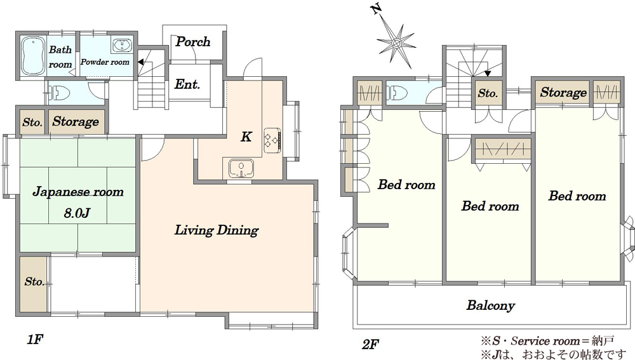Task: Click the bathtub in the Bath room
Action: pyautogui.click(x=32, y=57)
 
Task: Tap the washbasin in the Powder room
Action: pyautogui.click(x=122, y=45)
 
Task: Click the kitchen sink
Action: pyautogui.click(x=241, y=168)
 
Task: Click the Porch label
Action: pyautogui.click(x=193, y=42)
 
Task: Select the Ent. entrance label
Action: pyautogui.click(x=187, y=84)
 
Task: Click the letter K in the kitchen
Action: pyautogui.click(x=246, y=137)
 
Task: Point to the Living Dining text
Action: pyautogui.click(x=217, y=230)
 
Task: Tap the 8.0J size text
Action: pyautogui.click(x=77, y=213)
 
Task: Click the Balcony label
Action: pyautogui.click(x=490, y=305)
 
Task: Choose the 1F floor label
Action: pyautogui.click(x=35, y=339)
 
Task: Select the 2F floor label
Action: pyautogui.click(x=370, y=345)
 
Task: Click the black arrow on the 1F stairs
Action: pyautogui.click(x=140, y=62)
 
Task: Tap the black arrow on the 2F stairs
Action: pyautogui.click(x=488, y=73)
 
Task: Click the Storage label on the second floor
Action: pyautogui.click(x=563, y=92)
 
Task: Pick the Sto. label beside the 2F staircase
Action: pyautogui.click(x=488, y=93)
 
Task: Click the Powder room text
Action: pyautogui.click(x=105, y=62)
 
